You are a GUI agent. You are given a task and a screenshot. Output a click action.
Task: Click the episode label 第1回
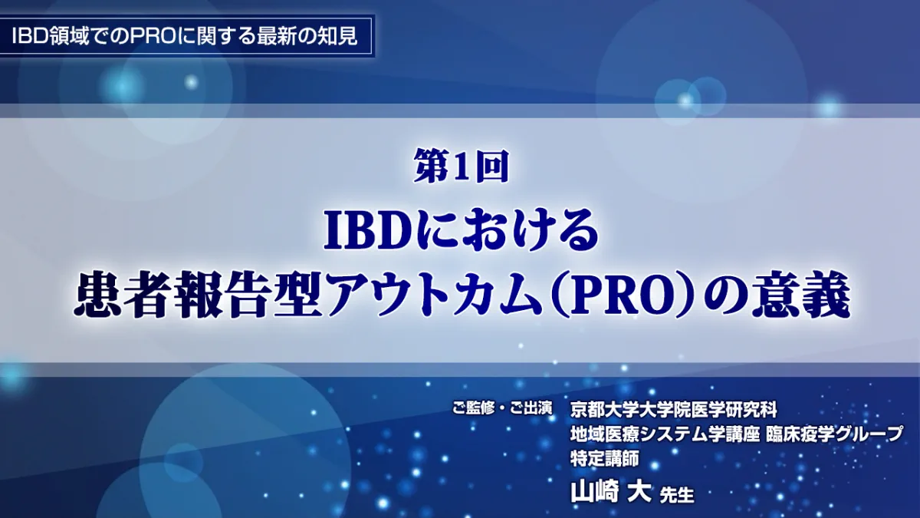pos(461,166)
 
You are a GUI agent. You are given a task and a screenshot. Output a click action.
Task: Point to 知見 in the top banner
pos(339,37)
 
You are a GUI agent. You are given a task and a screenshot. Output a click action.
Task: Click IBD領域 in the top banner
pos(49,37)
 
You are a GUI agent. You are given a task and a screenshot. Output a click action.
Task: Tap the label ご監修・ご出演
pos(502,409)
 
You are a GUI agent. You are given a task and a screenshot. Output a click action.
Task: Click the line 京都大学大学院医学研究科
pos(674,410)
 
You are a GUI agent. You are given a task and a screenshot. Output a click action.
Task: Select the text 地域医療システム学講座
pos(664,434)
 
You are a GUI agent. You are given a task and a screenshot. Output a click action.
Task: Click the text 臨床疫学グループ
pos(834,434)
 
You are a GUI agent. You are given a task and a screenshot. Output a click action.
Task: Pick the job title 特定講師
pos(604,458)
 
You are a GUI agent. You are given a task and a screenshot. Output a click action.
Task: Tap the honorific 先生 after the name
pos(676,494)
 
